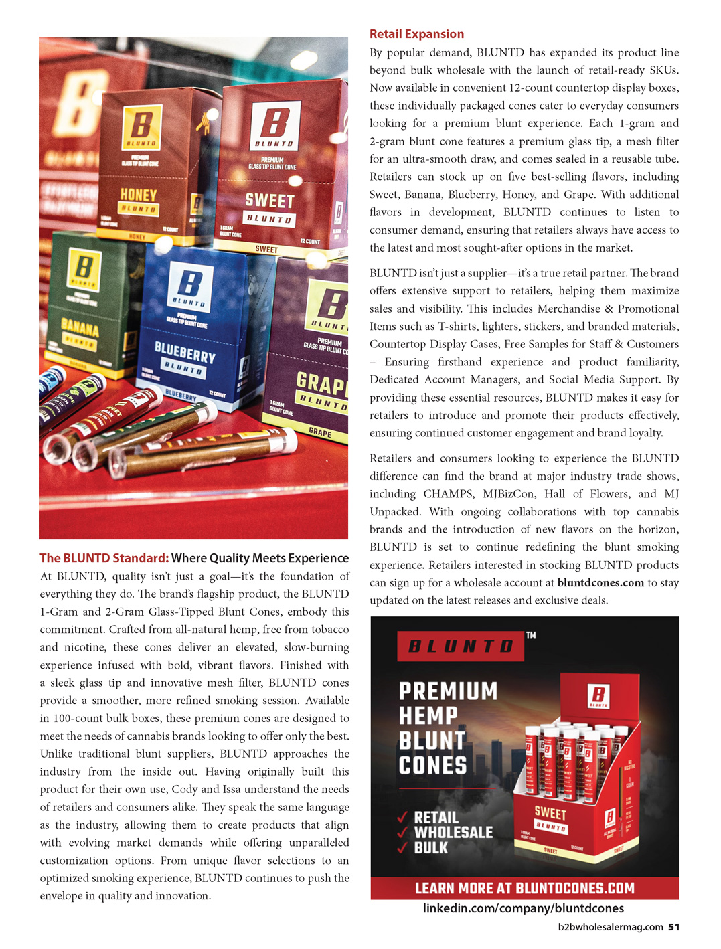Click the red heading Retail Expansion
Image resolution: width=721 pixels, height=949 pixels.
[x=416, y=34]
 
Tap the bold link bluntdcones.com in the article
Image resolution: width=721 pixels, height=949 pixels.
[x=600, y=583]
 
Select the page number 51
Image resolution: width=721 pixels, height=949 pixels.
[x=673, y=927]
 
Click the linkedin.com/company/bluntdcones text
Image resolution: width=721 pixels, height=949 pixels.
[x=524, y=908]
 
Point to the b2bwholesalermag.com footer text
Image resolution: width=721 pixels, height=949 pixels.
[x=610, y=927]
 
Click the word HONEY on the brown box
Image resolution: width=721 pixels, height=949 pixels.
[x=138, y=195]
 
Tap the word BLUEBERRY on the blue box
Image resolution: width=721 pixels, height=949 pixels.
[x=185, y=351]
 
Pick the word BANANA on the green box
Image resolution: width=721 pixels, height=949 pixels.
[x=80, y=328]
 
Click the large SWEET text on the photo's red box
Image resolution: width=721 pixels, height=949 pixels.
[x=269, y=201]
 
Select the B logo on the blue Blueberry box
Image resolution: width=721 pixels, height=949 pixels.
[x=189, y=282]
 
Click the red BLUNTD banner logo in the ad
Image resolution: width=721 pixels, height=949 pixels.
[x=461, y=646]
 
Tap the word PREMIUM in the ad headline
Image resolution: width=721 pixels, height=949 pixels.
[x=448, y=691]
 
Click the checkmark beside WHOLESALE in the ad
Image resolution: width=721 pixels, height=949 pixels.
[x=403, y=833]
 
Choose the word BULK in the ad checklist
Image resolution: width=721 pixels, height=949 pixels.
[x=430, y=848]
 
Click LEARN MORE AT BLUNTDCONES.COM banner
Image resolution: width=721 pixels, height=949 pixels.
[x=524, y=888]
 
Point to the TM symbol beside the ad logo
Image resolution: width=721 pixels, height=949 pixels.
[x=531, y=635]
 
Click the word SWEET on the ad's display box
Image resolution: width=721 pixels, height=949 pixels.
[x=550, y=813]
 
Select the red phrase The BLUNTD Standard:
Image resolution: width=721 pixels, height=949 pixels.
[x=104, y=558]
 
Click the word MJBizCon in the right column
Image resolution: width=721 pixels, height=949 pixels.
[x=509, y=494]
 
